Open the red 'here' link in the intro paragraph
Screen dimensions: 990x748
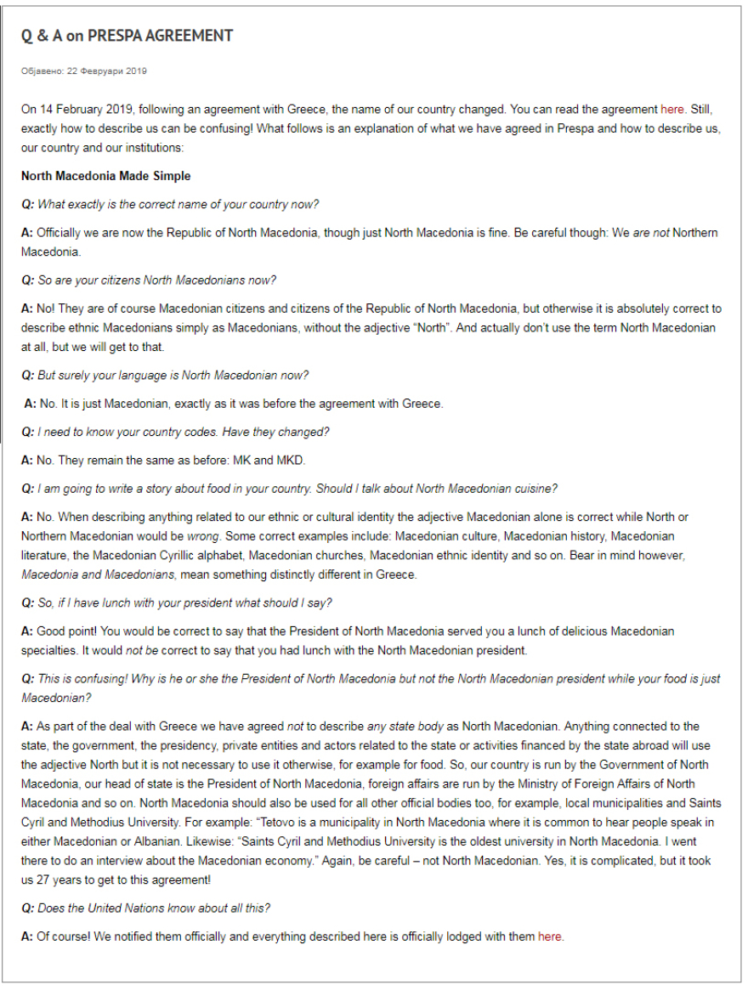point(672,110)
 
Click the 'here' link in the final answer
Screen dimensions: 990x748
point(550,936)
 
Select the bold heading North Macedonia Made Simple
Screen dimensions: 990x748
point(106,176)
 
